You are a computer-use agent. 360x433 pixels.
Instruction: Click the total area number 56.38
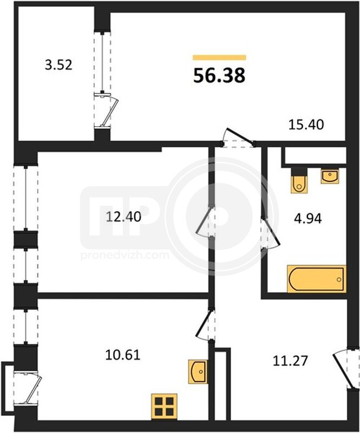coord(219,75)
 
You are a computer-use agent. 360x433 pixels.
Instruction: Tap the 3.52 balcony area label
coord(58,65)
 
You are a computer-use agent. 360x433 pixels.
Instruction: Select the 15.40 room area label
coord(306,125)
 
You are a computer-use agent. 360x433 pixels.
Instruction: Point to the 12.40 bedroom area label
coord(123,217)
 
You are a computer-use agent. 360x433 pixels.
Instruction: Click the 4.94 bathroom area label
coord(308,219)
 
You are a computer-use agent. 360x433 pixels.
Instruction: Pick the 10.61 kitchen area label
coord(123,355)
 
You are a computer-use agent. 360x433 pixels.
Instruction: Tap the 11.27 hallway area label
coord(290,360)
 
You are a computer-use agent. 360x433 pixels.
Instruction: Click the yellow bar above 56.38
coord(219,57)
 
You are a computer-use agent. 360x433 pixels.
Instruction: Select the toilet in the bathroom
coord(299,180)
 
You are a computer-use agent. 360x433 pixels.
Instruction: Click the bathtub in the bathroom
coord(317,279)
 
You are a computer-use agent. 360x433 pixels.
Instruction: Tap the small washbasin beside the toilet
coord(330,176)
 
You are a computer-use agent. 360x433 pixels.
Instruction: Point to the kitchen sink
coord(198,371)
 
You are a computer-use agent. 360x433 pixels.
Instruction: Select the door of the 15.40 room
coord(238,137)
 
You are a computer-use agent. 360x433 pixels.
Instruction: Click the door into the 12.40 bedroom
coord(206,221)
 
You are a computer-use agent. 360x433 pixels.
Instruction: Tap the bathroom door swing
coord(271,233)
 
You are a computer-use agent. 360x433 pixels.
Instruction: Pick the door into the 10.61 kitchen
coord(205,325)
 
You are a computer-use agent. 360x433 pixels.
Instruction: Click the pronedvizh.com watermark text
coord(125,255)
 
